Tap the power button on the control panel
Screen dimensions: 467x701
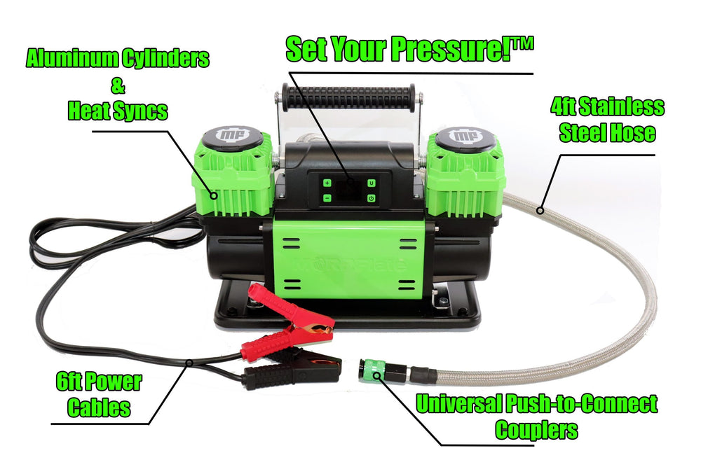click(371, 199)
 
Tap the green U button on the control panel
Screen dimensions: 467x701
click(371, 183)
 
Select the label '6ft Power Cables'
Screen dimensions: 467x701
click(98, 395)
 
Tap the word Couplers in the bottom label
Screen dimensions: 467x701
click(536, 428)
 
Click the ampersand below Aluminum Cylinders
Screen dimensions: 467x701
click(116, 85)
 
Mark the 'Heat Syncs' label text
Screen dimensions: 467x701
click(117, 110)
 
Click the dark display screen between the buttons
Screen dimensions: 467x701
click(348, 191)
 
